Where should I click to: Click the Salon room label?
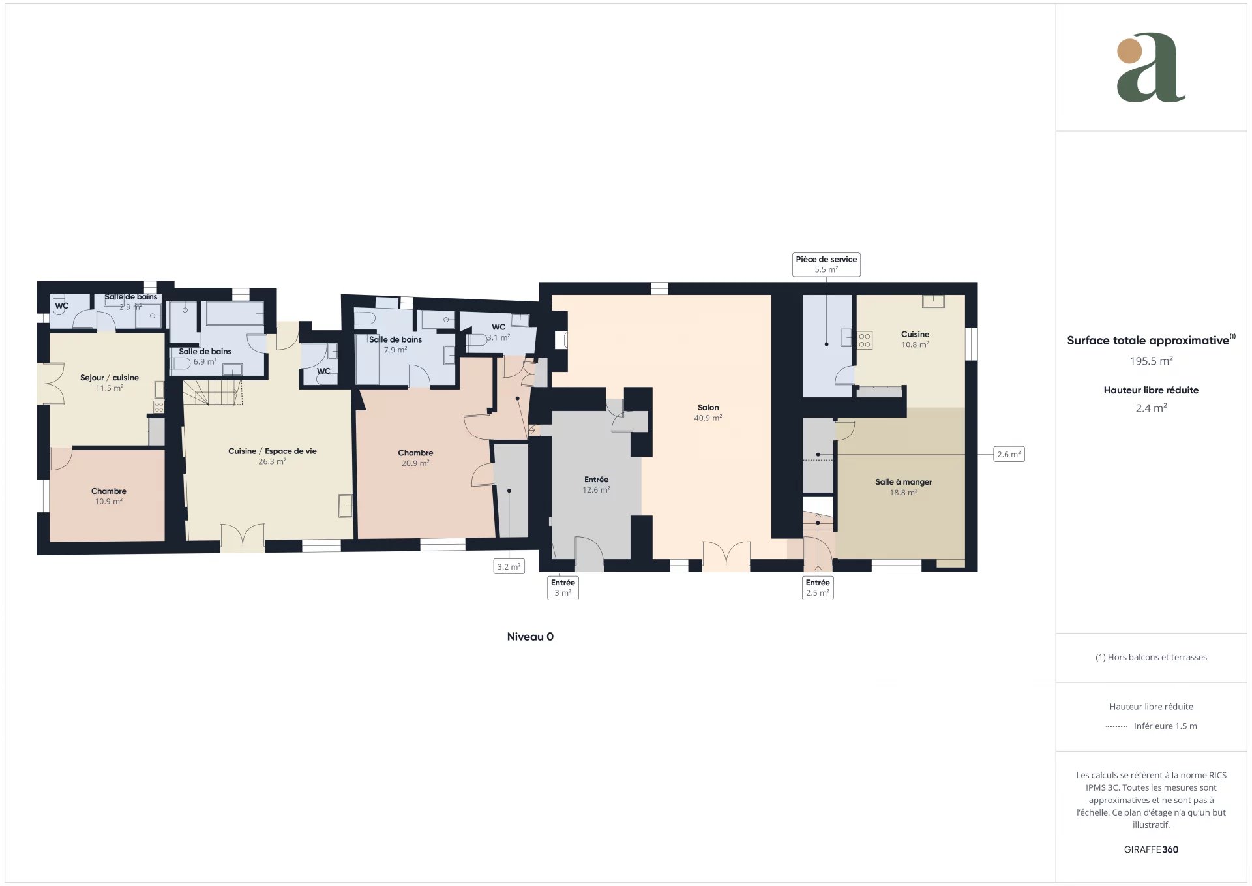[708, 412]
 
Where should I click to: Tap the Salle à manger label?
[903, 487]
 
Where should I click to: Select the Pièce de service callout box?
[826, 264]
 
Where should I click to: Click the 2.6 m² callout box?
[1009, 454]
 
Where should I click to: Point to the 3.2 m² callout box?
[509, 566]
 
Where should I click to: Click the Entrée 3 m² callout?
[563, 587]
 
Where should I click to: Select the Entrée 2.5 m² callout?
[818, 587]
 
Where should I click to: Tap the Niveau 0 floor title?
[530, 637]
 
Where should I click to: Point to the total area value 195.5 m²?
[1152, 361]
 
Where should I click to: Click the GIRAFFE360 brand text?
[1151, 849]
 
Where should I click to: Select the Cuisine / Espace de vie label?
[273, 456]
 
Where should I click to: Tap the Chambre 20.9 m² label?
[415, 458]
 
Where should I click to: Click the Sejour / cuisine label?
[110, 382]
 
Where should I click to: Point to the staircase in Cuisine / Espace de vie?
[213, 393]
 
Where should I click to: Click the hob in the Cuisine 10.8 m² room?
[865, 341]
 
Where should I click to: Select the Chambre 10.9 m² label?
[109, 496]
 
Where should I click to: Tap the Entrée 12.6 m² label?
[596, 484]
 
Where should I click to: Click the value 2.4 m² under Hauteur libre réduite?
[1152, 408]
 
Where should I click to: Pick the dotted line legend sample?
[1116, 726]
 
